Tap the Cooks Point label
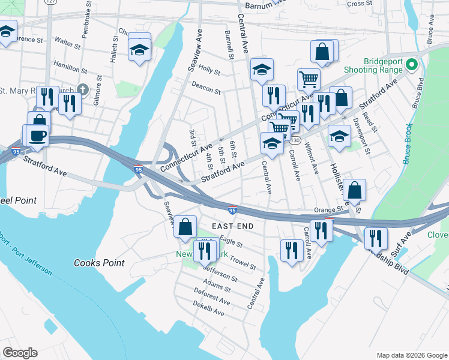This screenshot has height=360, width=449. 99,263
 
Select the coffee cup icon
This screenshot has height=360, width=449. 37,136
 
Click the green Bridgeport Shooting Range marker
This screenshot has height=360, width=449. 412,64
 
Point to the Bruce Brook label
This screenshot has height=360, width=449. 408,143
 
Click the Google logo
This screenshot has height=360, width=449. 20,353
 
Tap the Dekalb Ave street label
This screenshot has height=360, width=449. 209,308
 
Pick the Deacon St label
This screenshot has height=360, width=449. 206,89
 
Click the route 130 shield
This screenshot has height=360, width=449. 295,140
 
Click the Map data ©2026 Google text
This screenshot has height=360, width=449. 411,355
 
